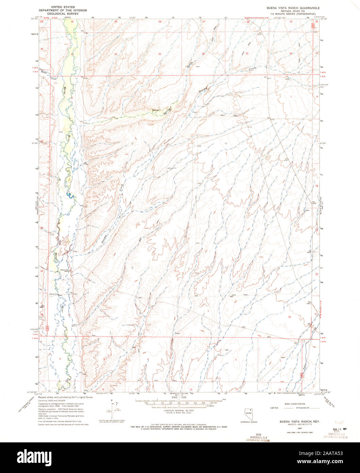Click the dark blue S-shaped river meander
(x=69, y=195)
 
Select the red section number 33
(x=160, y=54)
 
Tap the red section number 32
(x=116, y=54)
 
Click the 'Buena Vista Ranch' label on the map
(x=65, y=271)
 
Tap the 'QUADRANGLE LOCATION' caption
(x=251, y=422)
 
